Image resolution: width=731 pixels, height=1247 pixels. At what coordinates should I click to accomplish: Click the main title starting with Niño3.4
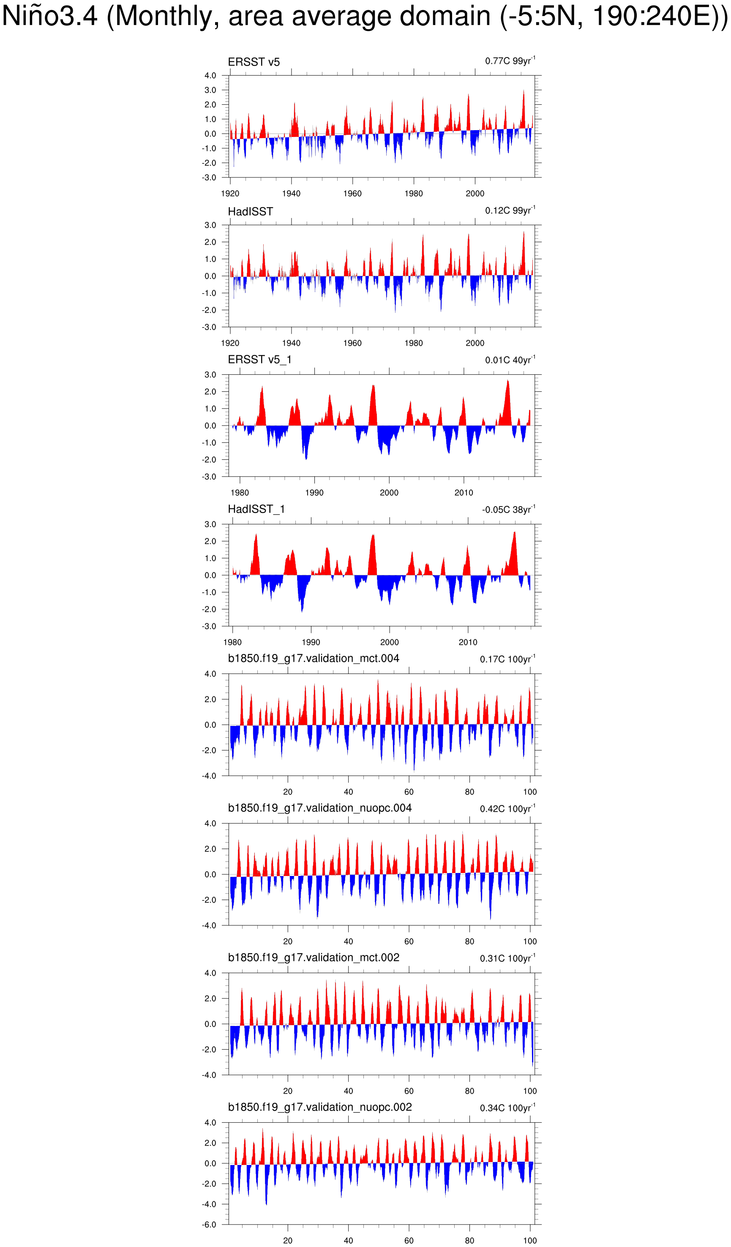pyautogui.click(x=365, y=17)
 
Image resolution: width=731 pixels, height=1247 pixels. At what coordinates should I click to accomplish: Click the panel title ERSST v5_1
pyautogui.click(x=259, y=360)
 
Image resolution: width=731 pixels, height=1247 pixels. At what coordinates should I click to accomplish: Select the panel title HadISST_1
pyautogui.click(x=256, y=509)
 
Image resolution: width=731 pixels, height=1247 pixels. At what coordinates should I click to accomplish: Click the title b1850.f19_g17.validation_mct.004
pyautogui.click(x=313, y=659)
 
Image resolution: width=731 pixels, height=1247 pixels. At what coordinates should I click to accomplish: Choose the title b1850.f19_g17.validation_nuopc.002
pyautogui.click(x=320, y=1107)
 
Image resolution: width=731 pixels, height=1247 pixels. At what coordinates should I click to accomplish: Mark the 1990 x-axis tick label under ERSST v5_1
pyautogui.click(x=314, y=493)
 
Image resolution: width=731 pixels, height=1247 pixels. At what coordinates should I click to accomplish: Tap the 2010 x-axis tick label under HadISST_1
pyautogui.click(x=468, y=642)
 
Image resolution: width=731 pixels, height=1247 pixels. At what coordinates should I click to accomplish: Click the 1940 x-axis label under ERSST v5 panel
pyautogui.click(x=291, y=194)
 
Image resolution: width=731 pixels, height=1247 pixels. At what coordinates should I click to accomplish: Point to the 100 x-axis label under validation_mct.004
pyautogui.click(x=529, y=792)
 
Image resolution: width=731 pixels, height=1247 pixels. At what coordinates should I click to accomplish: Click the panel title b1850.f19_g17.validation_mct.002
pyautogui.click(x=313, y=958)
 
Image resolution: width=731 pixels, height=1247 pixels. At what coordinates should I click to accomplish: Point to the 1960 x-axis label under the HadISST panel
pyautogui.click(x=352, y=343)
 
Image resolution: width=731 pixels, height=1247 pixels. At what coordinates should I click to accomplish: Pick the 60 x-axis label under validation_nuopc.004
pyautogui.click(x=409, y=941)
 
